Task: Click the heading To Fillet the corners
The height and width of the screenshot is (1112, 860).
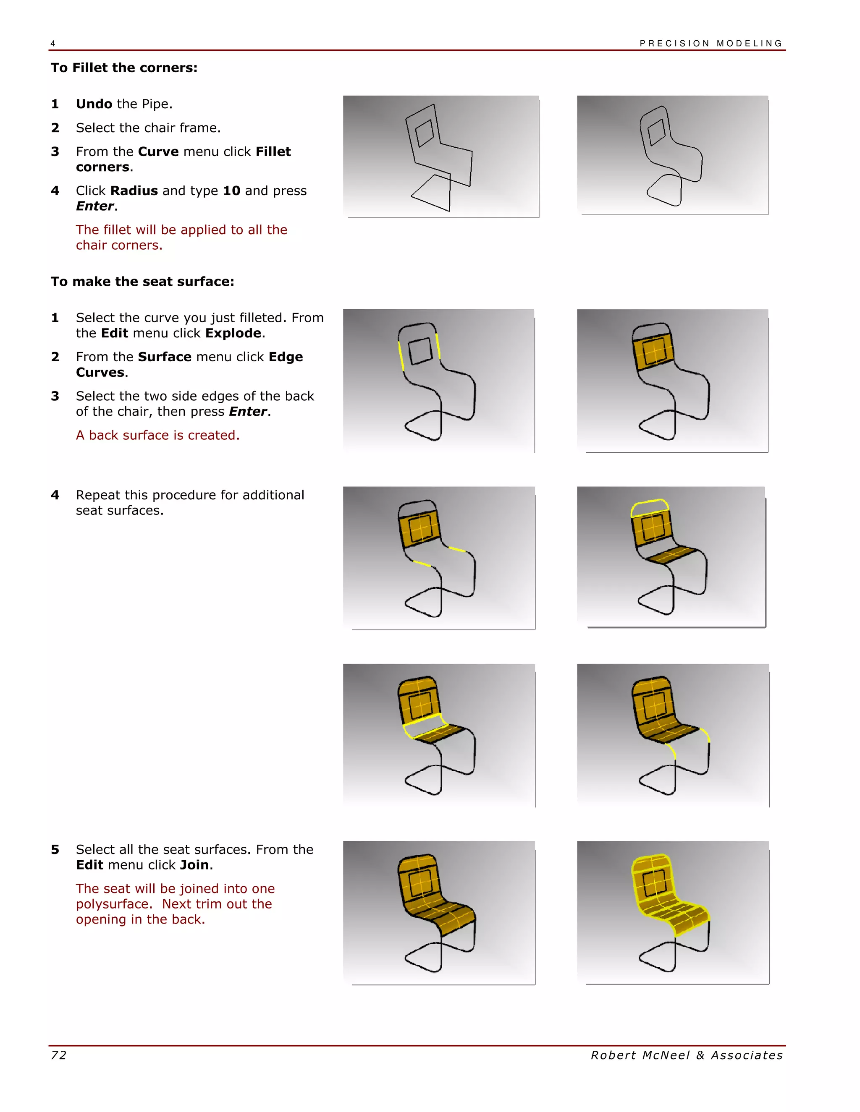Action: (x=124, y=68)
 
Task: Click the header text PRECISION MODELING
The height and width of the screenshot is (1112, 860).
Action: (x=711, y=43)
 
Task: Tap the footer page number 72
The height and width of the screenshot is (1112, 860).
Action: (x=59, y=1055)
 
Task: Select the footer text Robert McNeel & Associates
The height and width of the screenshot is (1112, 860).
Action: (x=686, y=1055)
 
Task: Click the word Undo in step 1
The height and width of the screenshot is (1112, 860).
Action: (x=94, y=104)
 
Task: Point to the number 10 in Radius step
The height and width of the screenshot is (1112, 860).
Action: (x=231, y=191)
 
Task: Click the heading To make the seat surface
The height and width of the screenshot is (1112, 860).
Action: (x=142, y=282)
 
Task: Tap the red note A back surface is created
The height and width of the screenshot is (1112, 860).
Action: (x=157, y=435)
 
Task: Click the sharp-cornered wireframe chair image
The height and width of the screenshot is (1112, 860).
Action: (x=440, y=157)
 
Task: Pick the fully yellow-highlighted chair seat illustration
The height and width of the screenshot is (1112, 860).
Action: (x=673, y=912)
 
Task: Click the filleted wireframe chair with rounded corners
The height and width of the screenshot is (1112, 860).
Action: (x=673, y=156)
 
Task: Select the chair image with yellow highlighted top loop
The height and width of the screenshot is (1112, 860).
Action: (x=671, y=557)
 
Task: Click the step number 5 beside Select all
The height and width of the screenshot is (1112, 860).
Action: (x=55, y=850)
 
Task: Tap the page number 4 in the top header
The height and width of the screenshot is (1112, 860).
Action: (x=52, y=44)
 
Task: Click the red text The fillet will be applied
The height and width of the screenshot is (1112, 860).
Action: (x=181, y=230)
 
